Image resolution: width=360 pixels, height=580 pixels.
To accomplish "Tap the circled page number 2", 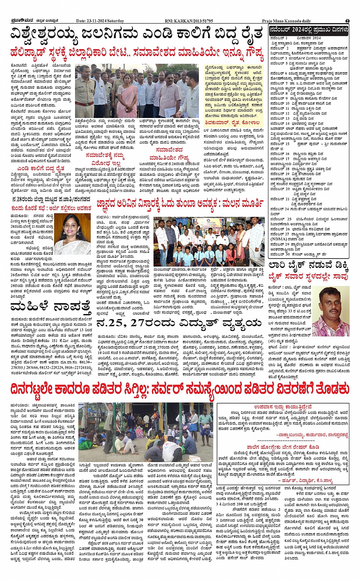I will point(347,21).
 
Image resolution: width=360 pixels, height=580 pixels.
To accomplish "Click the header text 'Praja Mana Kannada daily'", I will point(286,21).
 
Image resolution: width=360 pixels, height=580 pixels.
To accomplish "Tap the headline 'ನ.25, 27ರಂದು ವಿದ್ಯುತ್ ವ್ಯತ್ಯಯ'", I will point(178,323).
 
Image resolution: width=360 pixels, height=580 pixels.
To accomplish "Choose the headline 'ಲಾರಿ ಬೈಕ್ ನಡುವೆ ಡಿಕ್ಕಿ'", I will point(308,265).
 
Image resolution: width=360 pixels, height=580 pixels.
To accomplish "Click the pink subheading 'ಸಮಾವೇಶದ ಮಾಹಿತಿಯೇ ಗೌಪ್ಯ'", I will point(169,153).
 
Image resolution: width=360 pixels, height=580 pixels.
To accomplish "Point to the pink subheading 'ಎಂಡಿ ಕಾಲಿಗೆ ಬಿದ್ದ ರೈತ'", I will point(41,168).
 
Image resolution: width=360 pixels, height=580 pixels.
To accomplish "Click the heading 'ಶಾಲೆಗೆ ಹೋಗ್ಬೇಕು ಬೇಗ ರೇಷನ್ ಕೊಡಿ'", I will point(283,447).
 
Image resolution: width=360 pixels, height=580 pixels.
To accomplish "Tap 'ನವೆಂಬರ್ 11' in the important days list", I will point(280,108).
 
